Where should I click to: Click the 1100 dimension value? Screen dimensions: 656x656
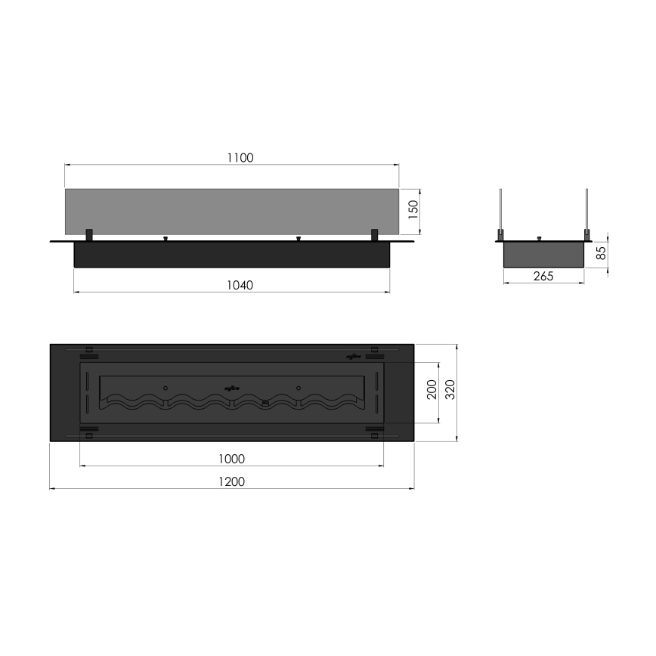pos(240,158)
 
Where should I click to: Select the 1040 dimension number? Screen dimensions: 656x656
pos(240,285)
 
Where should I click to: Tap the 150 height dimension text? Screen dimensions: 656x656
pos(412,210)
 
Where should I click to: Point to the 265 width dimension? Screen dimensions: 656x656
pos(543,277)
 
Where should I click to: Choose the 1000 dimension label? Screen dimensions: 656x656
pos(231,459)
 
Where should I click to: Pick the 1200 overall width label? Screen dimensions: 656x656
pos(231,481)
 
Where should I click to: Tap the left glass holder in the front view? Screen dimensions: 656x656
pos(89,234)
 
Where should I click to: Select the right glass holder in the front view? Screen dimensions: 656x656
pos(373,234)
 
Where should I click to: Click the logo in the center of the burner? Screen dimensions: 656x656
pos(231,388)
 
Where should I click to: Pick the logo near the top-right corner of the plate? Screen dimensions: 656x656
pos(352,355)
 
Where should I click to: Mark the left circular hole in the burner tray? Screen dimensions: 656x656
pos(165,388)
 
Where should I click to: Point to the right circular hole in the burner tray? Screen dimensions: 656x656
pos(299,388)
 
